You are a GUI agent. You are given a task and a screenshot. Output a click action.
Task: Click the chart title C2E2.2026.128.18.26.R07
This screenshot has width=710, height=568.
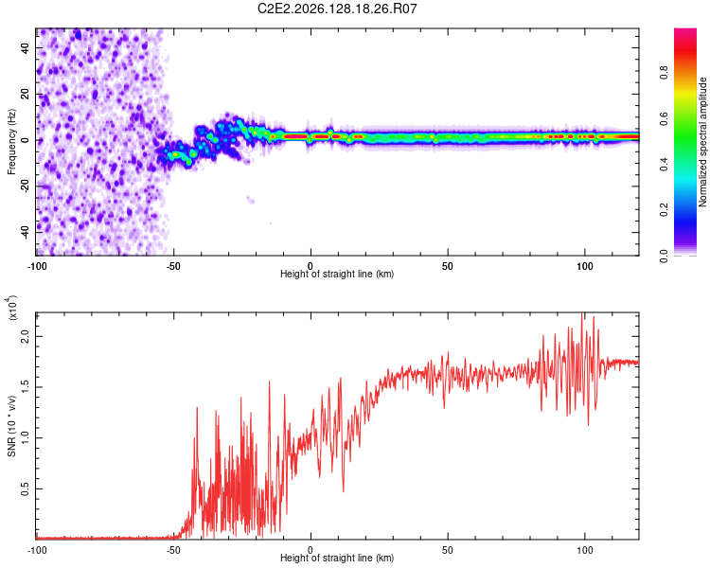coord(337,9)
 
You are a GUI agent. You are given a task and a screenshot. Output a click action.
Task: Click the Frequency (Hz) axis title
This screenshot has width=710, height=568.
coord(11,142)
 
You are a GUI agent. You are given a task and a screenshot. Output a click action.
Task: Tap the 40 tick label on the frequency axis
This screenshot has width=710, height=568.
coord(26,47)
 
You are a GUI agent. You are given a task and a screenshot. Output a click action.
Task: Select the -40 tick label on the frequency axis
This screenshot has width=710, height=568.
coord(26,232)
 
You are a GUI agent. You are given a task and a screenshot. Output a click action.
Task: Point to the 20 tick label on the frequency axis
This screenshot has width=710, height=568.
coord(26,94)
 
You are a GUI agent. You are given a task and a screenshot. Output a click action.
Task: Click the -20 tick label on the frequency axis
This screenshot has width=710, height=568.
coord(26,186)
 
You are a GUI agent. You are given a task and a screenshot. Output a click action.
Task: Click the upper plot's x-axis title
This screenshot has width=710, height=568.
coord(337,274)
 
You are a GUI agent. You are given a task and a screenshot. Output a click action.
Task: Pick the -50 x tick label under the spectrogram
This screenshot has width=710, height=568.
coord(172,266)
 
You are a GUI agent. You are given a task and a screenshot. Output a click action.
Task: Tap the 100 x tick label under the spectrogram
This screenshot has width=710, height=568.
coord(585,266)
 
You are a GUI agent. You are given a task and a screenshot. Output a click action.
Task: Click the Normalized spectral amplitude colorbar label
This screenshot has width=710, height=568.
coord(702,142)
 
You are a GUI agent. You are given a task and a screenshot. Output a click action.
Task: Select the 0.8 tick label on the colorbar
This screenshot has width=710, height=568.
coord(664,73)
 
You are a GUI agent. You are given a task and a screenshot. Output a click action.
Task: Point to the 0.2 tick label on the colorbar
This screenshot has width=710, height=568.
coord(664,210)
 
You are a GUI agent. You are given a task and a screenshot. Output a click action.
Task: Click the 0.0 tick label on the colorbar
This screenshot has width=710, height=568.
coord(664,256)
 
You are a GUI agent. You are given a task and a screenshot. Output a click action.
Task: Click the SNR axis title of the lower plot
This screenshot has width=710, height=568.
coord(11,426)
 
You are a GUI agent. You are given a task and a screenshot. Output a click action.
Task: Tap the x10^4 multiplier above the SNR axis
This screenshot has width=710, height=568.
coord(12,308)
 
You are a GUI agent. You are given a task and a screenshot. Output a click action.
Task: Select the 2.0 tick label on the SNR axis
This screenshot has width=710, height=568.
coord(26,337)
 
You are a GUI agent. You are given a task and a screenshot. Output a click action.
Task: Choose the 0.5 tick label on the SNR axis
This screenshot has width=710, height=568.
coord(26,488)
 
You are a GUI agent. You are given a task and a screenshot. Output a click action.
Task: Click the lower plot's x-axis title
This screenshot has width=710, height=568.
coord(337,558)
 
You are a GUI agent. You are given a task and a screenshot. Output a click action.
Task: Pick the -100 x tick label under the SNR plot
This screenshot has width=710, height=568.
coord(37,550)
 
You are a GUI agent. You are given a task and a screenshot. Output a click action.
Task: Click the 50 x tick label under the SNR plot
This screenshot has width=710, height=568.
coord(448,550)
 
